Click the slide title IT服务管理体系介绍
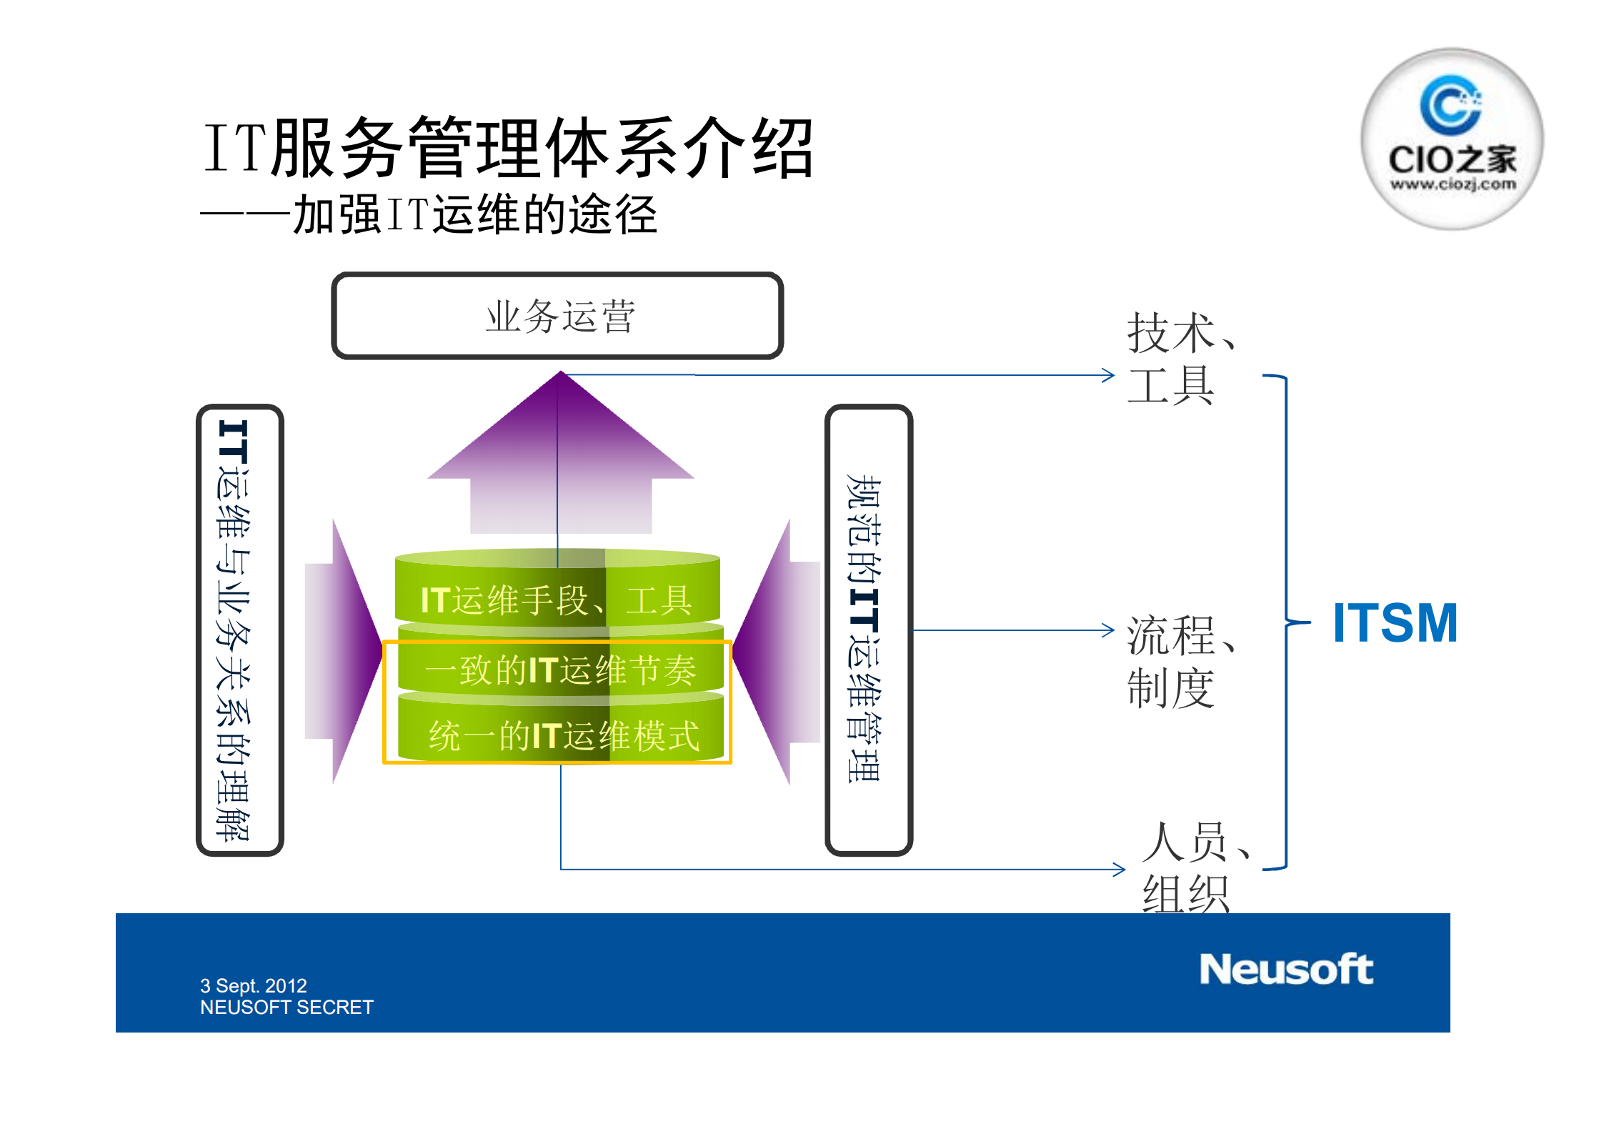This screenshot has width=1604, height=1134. [507, 148]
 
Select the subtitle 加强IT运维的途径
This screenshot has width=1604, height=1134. [474, 214]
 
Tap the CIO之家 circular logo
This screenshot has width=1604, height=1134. [1451, 140]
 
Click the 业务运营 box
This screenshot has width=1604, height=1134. [558, 316]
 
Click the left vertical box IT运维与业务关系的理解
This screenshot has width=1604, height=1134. [239, 630]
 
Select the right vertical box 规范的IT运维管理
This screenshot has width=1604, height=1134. [867, 630]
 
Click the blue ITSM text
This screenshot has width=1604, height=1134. [1395, 623]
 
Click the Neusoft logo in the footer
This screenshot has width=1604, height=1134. [1285, 970]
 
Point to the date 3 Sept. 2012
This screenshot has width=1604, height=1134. [253, 985]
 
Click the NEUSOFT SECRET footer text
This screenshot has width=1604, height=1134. [287, 1007]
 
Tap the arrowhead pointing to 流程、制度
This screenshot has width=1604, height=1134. [1108, 630]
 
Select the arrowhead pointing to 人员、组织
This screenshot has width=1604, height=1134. [1120, 870]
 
